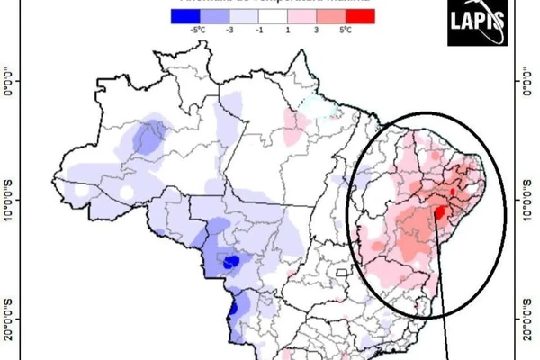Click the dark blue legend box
(x=185, y=16)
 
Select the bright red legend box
(x=360, y=16)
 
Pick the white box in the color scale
(x=273, y=16)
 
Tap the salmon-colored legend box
(x=331, y=16)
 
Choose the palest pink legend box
(x=301, y=16)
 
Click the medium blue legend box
(x=214, y=16)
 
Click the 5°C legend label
(x=345, y=31)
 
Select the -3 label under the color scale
(x=229, y=31)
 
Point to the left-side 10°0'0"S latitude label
(x=9, y=200)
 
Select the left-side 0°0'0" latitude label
(x=9, y=81)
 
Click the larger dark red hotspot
(x=441, y=211)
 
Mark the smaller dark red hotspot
(x=453, y=191)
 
